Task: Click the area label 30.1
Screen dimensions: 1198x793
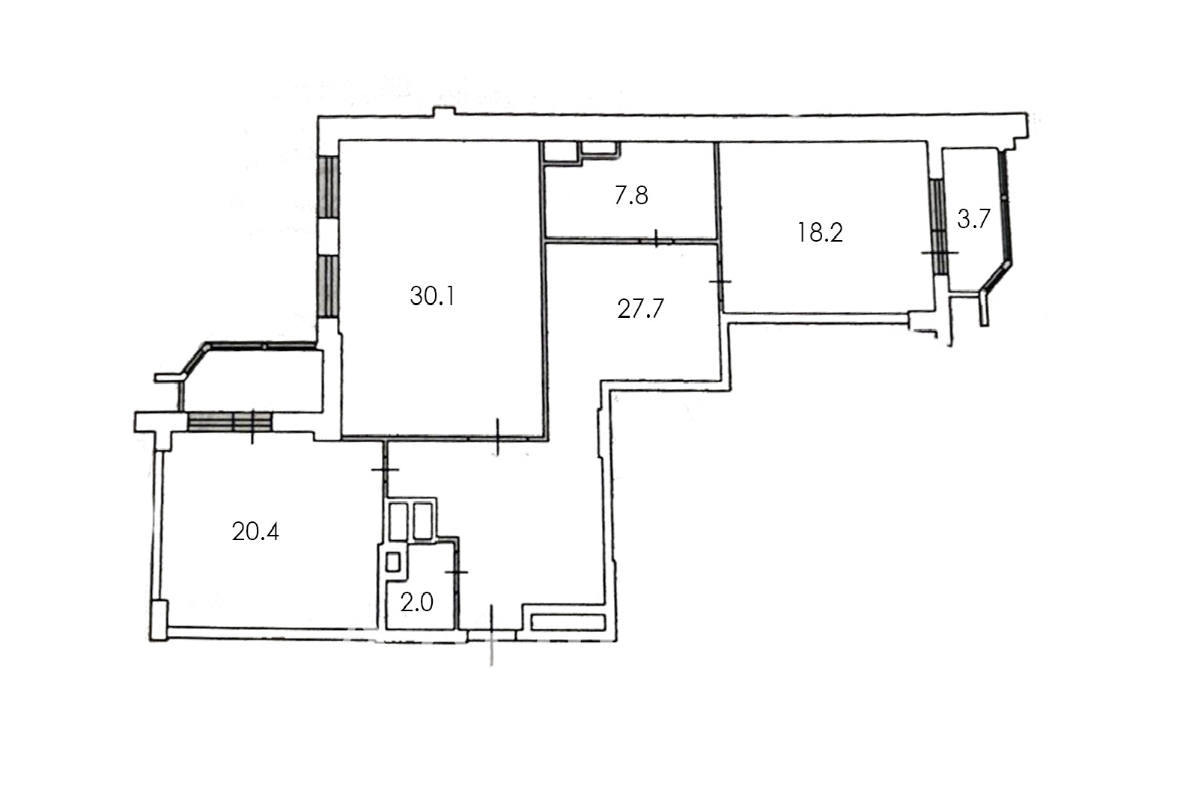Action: [433, 296]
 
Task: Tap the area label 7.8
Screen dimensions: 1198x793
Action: [631, 195]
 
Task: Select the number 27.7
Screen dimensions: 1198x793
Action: [640, 308]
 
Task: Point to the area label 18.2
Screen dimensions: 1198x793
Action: [820, 233]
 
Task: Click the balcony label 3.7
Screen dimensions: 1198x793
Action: [973, 219]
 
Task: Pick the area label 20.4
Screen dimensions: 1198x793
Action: [255, 532]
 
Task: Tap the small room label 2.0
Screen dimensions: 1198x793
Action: [416, 603]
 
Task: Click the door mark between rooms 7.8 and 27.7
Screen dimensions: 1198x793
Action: [656, 239]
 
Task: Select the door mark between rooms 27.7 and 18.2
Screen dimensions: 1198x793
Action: [720, 281]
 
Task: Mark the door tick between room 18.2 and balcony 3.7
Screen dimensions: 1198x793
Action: [940, 252]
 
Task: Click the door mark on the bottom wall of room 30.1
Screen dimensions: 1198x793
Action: [497, 437]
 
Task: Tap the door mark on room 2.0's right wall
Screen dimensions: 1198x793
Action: [456, 572]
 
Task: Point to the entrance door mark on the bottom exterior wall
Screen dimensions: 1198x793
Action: [491, 635]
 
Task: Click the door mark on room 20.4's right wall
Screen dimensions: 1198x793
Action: [385, 469]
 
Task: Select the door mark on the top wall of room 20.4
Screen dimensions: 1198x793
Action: [252, 426]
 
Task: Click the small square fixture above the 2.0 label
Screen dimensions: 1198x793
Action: [393, 562]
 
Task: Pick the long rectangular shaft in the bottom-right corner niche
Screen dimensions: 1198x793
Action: [568, 622]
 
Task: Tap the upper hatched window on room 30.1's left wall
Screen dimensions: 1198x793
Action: [329, 186]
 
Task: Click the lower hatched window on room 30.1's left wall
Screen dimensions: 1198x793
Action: [329, 286]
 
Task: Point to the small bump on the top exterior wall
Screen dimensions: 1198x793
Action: [444, 111]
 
